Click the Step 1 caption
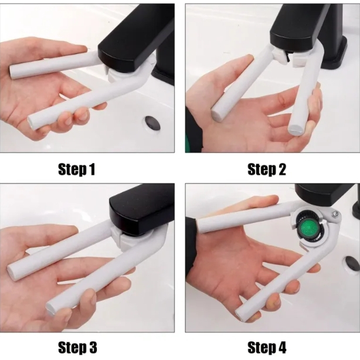76,169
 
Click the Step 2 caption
267,169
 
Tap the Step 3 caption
77,347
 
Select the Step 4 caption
267,347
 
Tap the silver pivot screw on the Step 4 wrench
335,215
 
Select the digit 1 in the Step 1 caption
91,169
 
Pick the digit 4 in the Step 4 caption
281,347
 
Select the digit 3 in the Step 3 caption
92,347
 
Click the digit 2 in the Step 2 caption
281,169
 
